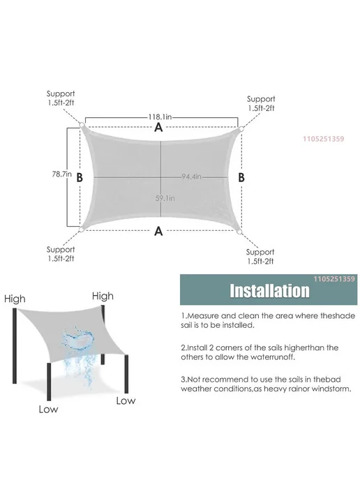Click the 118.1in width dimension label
coord(160,117)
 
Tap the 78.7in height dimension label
coord(62,174)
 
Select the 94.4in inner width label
coord(191,177)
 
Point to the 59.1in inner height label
coord(165,198)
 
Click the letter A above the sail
coord(158,128)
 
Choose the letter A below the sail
coord(158,231)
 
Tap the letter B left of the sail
coord(80,177)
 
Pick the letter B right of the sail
coord(241,177)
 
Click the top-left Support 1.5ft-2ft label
coord(61,98)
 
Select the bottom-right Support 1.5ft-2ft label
coord(260,256)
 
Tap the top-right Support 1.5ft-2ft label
coord(261,103)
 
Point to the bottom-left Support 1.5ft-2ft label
coord(61,254)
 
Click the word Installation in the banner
coord(269,291)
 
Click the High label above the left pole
coord(15,299)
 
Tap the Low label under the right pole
coord(126,400)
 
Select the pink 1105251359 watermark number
coord(323,139)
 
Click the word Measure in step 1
coord(202,315)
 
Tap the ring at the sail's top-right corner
coord(241,129)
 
